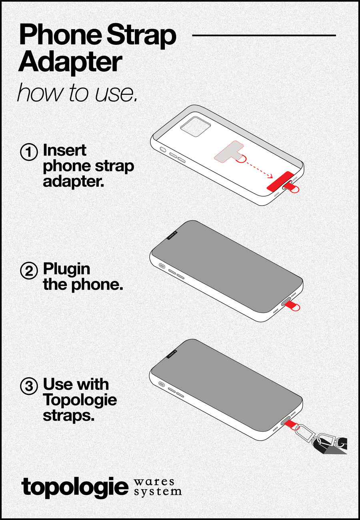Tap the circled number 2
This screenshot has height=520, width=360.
point(29,271)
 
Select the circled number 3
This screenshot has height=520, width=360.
point(29,386)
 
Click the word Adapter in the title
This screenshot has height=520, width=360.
point(70,62)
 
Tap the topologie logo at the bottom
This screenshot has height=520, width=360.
point(74,487)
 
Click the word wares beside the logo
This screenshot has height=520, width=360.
point(154,482)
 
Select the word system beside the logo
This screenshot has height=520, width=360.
point(157,491)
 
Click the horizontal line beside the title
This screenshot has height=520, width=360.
point(264,35)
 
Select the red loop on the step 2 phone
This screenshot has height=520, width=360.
point(296,307)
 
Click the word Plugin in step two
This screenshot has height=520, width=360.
point(66,269)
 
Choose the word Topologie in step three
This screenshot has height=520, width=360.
point(80,400)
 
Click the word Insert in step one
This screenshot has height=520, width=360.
point(64,151)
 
